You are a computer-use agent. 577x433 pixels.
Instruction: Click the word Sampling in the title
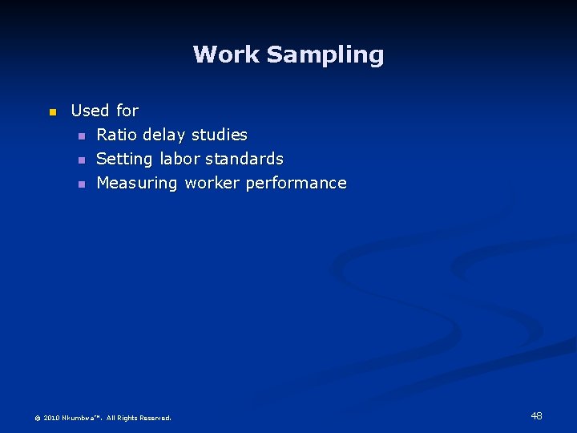coord(325,55)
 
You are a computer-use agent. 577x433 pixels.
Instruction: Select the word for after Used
coord(127,111)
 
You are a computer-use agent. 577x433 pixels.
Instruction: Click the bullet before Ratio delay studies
coord(81,136)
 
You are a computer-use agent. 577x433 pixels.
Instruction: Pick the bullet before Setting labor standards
coord(81,160)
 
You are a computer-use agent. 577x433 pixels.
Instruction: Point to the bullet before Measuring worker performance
coord(81,184)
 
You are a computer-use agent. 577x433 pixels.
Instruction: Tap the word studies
coord(219,135)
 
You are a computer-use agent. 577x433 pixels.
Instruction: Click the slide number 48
coord(536,415)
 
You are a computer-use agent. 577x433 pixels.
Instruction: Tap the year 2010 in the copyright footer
coord(52,418)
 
